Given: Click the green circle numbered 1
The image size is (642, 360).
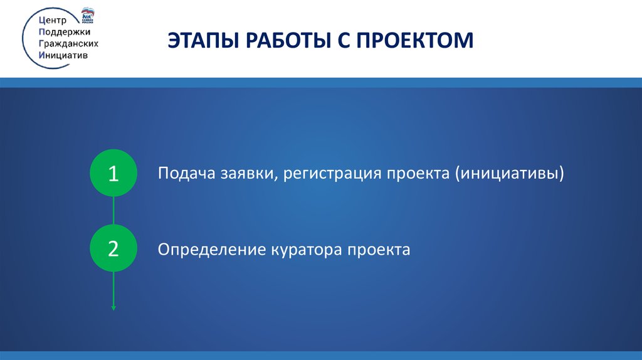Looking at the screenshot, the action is coord(113,173).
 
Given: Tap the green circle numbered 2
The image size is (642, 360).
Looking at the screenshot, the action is coord(113,248).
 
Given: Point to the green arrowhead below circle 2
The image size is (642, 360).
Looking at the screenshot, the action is coord(113,307).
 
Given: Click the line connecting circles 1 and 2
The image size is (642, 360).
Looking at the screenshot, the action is coord(113,211).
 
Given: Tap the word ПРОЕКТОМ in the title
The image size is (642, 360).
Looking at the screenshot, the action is coord(415,40).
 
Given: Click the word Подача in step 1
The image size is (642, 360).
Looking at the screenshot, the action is coord(187,173).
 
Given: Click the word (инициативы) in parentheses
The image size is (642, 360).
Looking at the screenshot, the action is coord(509,174).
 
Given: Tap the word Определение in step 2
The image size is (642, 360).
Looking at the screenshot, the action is coord(212,250).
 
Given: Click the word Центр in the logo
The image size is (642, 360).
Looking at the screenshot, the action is coord(53,21).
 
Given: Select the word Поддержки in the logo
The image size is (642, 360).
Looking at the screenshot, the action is coord(65,32).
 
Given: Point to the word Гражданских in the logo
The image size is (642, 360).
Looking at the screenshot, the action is coord(68,43).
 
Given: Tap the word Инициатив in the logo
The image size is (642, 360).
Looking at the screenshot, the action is coord(63,55).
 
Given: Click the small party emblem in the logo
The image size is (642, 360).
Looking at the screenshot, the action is coord(88,15).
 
